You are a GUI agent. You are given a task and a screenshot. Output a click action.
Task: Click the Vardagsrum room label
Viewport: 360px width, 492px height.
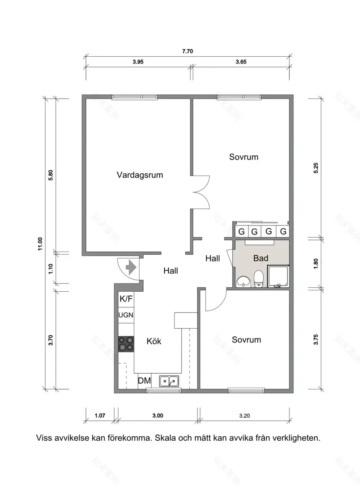point(139,175)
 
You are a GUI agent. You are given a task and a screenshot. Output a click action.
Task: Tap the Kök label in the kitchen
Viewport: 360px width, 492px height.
point(154,341)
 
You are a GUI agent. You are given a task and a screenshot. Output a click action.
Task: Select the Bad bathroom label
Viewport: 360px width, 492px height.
point(261,258)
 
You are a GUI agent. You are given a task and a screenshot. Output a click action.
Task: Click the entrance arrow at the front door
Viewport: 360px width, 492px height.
point(131,267)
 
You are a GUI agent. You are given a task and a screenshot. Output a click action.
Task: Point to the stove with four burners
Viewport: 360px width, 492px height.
point(126,344)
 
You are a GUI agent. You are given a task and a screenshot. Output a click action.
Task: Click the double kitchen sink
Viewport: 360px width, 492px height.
point(169,381)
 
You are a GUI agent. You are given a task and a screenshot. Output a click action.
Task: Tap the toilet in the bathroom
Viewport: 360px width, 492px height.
point(259,279)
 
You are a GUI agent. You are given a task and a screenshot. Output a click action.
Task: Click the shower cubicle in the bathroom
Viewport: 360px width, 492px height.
point(278,276)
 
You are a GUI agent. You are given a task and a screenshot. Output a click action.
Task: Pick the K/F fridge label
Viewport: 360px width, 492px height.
point(126,299)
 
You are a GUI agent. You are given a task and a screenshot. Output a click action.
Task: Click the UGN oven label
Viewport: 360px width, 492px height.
point(126,315)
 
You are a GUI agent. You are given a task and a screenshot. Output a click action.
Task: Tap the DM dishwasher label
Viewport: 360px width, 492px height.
point(144,381)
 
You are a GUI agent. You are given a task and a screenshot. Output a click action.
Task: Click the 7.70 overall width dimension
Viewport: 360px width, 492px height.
point(187,51)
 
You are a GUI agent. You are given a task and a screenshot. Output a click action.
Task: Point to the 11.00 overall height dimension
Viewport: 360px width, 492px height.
point(40,244)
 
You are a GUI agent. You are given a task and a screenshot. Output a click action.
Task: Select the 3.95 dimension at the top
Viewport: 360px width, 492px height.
point(138,63)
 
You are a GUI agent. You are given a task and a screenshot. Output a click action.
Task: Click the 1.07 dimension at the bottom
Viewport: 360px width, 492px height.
point(99,416)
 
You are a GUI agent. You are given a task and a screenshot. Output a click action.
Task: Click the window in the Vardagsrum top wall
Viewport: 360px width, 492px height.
point(135,97)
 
